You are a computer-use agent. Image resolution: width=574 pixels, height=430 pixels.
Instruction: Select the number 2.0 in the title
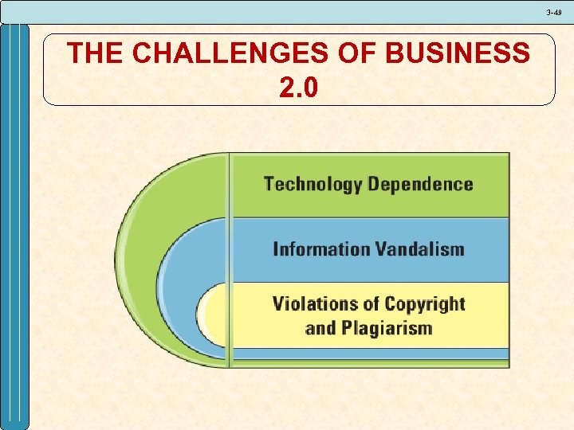point(298,87)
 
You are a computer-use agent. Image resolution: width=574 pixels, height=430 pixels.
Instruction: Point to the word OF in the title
point(356,53)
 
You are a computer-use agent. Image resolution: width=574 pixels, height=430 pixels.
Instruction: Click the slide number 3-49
point(554,12)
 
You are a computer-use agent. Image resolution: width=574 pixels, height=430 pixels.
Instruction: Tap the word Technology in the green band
point(313,185)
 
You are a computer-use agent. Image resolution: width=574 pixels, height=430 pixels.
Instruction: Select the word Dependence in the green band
point(421,185)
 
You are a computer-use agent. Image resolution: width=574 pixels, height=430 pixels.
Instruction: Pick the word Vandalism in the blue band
point(417,249)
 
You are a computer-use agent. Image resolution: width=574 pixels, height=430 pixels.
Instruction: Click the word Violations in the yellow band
point(314,303)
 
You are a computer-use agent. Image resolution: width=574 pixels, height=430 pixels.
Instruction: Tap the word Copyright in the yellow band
point(424,304)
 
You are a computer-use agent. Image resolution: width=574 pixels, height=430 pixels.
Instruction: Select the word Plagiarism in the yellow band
point(387,328)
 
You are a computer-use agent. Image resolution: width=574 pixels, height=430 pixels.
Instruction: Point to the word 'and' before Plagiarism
point(320,328)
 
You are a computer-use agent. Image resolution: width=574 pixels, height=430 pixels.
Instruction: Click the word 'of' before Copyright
point(370,303)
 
